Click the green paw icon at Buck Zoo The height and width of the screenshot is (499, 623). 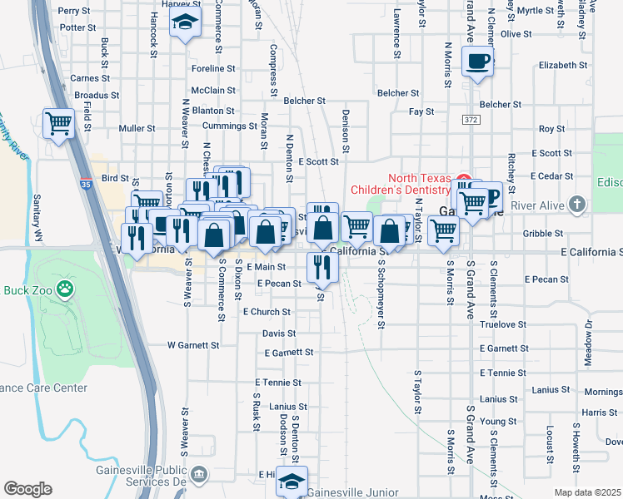[x=64, y=290]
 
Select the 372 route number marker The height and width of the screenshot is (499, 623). [x=470, y=121]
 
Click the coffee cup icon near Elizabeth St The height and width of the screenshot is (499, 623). [x=476, y=62]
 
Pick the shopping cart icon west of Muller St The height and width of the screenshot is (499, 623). [x=58, y=124]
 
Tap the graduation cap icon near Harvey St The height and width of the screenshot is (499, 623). [x=185, y=23]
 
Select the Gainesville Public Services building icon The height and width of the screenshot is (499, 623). [x=198, y=475]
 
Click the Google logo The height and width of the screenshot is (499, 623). [x=27, y=489]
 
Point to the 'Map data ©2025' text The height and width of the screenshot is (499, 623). [x=588, y=492]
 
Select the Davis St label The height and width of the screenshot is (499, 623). [x=279, y=333]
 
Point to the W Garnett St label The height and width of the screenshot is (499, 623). [x=193, y=344]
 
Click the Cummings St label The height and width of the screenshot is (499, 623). [x=230, y=126]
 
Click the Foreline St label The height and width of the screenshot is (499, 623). [x=213, y=69]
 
